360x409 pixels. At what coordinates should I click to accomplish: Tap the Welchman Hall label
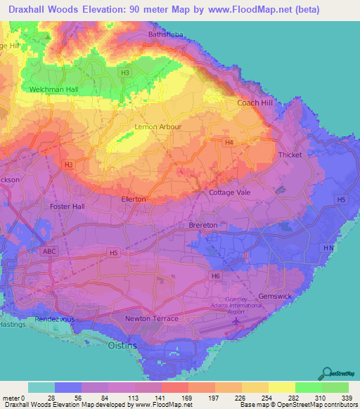pyautogui.click(x=53, y=90)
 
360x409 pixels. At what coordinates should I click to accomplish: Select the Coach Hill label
pyautogui.click(x=255, y=103)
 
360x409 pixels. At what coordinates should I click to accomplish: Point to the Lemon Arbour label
pyautogui.click(x=158, y=126)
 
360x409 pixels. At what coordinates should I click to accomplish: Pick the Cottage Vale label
pyautogui.click(x=230, y=192)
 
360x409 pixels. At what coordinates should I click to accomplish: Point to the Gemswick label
pyautogui.click(x=275, y=297)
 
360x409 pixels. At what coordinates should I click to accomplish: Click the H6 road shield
pyautogui.click(x=216, y=276)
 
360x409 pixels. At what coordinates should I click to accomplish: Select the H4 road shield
pyautogui.click(x=229, y=143)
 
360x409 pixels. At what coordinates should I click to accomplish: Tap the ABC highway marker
pyautogui.click(x=49, y=251)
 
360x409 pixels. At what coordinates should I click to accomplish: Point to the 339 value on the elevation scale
pyautogui.click(x=348, y=398)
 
